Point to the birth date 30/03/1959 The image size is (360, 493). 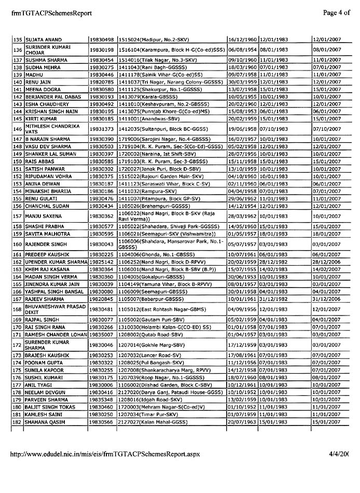(x=242, y=82)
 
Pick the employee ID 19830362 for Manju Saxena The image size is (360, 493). (x=102, y=216)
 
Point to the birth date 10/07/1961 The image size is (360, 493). (x=242, y=255)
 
